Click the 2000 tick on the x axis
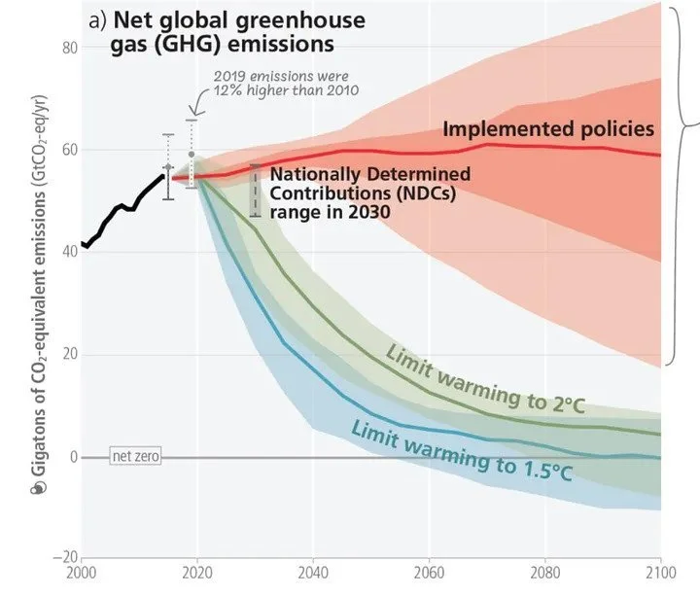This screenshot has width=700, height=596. tap(83, 571)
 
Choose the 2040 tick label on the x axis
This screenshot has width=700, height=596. tap(312, 571)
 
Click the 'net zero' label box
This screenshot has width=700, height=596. tap(134, 456)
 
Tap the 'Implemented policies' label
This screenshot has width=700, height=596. tap(548, 128)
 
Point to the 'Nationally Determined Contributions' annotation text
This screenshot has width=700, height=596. tap(368, 192)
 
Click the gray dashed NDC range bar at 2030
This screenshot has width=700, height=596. tap(255, 191)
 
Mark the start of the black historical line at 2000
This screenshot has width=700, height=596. tap(85, 245)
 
